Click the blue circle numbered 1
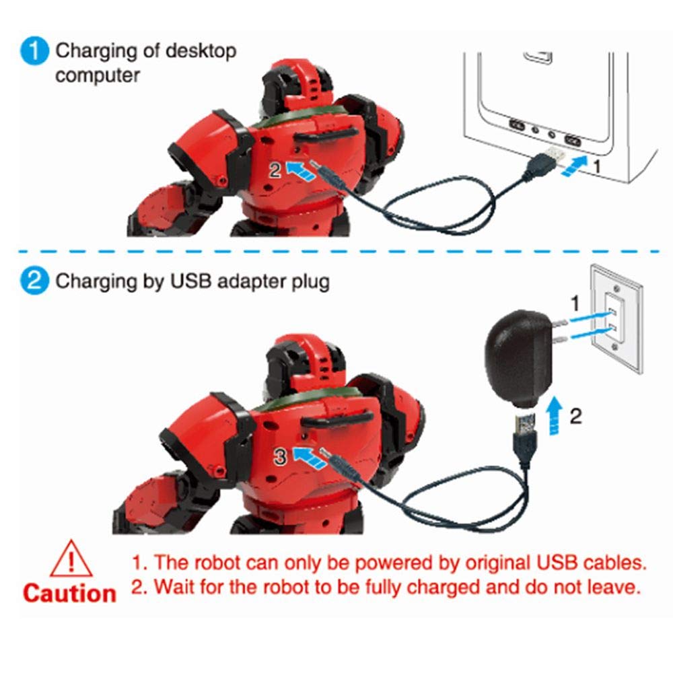click(34, 52)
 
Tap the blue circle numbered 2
click(34, 281)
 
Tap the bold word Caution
click(69, 594)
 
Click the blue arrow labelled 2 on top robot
click(300, 168)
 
